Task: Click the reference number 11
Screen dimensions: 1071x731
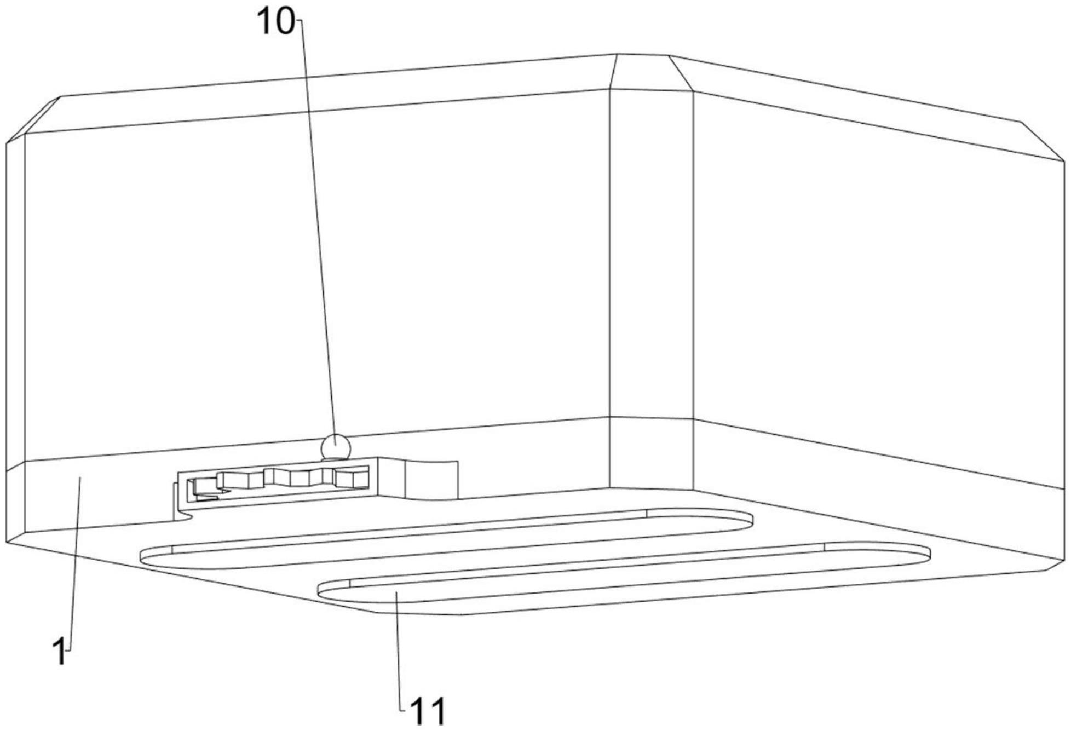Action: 428,711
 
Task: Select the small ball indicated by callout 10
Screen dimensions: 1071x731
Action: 335,447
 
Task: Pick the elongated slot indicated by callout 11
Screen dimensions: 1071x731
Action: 624,578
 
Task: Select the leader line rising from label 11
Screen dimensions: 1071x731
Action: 399,650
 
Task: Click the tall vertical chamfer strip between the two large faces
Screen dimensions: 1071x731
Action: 652,289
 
